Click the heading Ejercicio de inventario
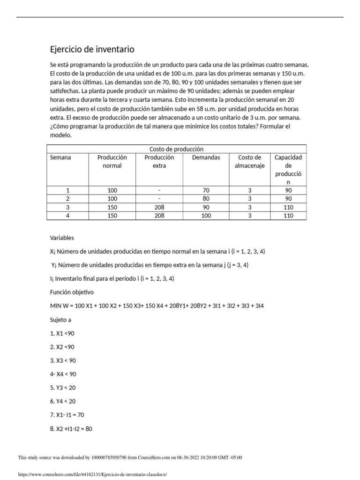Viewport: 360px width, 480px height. click(x=92, y=49)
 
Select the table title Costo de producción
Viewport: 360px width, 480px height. click(x=176, y=149)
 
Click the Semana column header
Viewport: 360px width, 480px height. click(x=60, y=157)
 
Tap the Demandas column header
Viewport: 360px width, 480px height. click(x=206, y=157)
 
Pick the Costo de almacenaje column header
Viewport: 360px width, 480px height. click(x=249, y=161)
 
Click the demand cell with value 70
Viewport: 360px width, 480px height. click(x=206, y=190)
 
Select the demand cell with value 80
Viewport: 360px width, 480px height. click(x=206, y=199)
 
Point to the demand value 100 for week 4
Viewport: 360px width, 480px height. click(x=206, y=216)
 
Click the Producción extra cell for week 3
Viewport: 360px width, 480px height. click(x=159, y=207)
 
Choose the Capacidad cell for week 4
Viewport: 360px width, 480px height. click(x=288, y=216)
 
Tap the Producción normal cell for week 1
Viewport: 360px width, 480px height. click(x=112, y=190)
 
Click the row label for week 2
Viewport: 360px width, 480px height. click(x=68, y=199)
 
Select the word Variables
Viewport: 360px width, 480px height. click(x=62, y=238)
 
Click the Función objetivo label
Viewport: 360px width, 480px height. click(x=72, y=292)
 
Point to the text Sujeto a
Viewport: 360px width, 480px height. click(x=60, y=320)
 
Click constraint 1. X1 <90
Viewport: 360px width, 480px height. click(x=62, y=333)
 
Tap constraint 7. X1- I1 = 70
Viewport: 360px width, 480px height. click(x=67, y=415)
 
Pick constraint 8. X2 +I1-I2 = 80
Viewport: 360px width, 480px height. click(x=71, y=428)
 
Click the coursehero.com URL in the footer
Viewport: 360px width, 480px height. click(x=92, y=474)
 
